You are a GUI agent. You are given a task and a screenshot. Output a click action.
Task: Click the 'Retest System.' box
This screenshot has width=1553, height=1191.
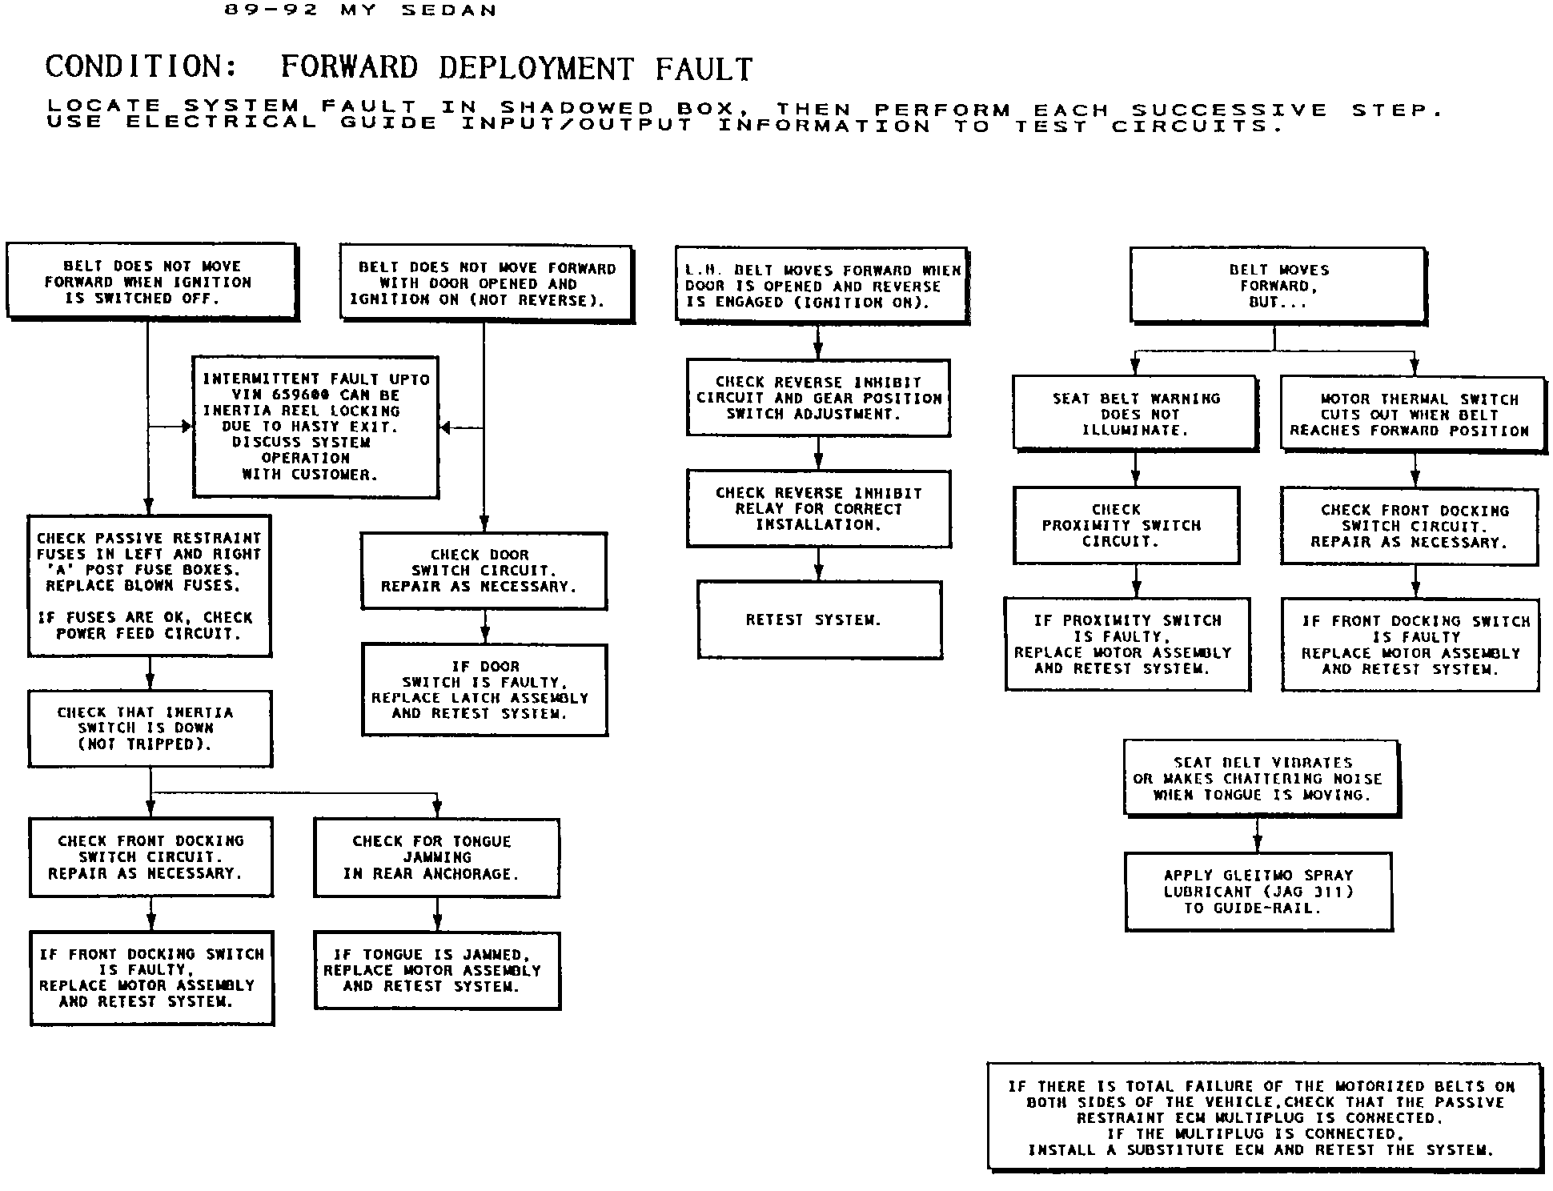click(819, 620)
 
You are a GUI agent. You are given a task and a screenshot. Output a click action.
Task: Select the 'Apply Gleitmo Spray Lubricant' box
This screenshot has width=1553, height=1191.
click(1258, 892)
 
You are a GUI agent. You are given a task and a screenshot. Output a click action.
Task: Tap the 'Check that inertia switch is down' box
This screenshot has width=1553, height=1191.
click(150, 728)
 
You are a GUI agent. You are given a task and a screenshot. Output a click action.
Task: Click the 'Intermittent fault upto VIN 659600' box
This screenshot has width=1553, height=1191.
click(315, 427)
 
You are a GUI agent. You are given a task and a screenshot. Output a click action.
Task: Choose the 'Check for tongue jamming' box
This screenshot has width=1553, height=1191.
click(436, 857)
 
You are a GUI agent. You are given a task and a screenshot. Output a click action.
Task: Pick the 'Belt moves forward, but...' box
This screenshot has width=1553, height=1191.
click(1278, 286)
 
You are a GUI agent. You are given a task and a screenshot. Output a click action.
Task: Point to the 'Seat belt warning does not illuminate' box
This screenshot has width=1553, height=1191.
click(1135, 414)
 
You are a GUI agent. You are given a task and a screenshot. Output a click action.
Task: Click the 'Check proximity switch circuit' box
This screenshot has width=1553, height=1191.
click(1126, 525)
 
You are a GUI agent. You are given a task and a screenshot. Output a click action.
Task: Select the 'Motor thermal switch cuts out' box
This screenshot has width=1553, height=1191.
click(1413, 415)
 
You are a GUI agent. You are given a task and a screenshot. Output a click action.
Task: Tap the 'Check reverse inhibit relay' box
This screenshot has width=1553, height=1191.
click(818, 509)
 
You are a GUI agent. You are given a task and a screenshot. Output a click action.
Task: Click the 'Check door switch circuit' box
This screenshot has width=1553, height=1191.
click(484, 571)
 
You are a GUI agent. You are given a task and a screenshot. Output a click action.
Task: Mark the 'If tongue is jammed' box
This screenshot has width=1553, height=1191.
click(437, 970)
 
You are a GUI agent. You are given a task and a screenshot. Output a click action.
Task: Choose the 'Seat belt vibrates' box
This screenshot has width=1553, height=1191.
click(1262, 779)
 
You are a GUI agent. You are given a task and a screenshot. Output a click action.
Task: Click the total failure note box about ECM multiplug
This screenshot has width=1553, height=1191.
click(1264, 1118)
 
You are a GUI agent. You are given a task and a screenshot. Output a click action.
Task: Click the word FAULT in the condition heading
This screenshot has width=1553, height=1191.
click(704, 69)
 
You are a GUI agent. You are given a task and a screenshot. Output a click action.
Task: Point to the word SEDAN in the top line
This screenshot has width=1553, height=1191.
click(460, 10)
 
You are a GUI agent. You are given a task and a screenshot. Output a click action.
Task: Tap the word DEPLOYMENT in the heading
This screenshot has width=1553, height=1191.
click(536, 69)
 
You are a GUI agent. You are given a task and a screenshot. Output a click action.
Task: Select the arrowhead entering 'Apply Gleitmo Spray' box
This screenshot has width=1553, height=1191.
click(1258, 845)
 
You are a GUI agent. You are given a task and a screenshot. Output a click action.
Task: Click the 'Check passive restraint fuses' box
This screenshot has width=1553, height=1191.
click(150, 586)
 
